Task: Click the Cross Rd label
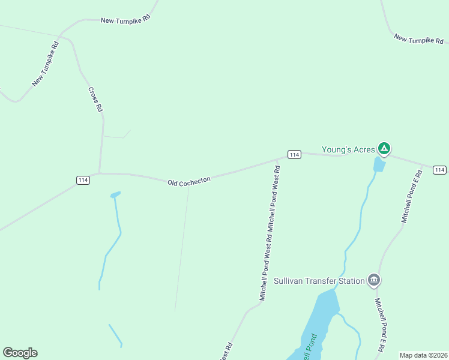(95, 100)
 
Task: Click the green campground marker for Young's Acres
(384, 148)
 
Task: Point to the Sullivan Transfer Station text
(319, 281)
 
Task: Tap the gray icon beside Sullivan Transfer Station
(374, 280)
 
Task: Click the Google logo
(20, 353)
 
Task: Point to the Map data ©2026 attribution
(423, 355)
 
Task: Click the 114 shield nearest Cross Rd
(83, 180)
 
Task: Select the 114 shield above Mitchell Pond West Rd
(294, 155)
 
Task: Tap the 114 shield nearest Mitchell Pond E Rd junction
(439, 169)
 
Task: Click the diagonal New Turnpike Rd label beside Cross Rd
(46, 64)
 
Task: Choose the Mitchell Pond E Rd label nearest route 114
(412, 196)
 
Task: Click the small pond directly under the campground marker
(379, 164)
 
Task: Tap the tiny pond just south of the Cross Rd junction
(115, 194)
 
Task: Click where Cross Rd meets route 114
(99, 173)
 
